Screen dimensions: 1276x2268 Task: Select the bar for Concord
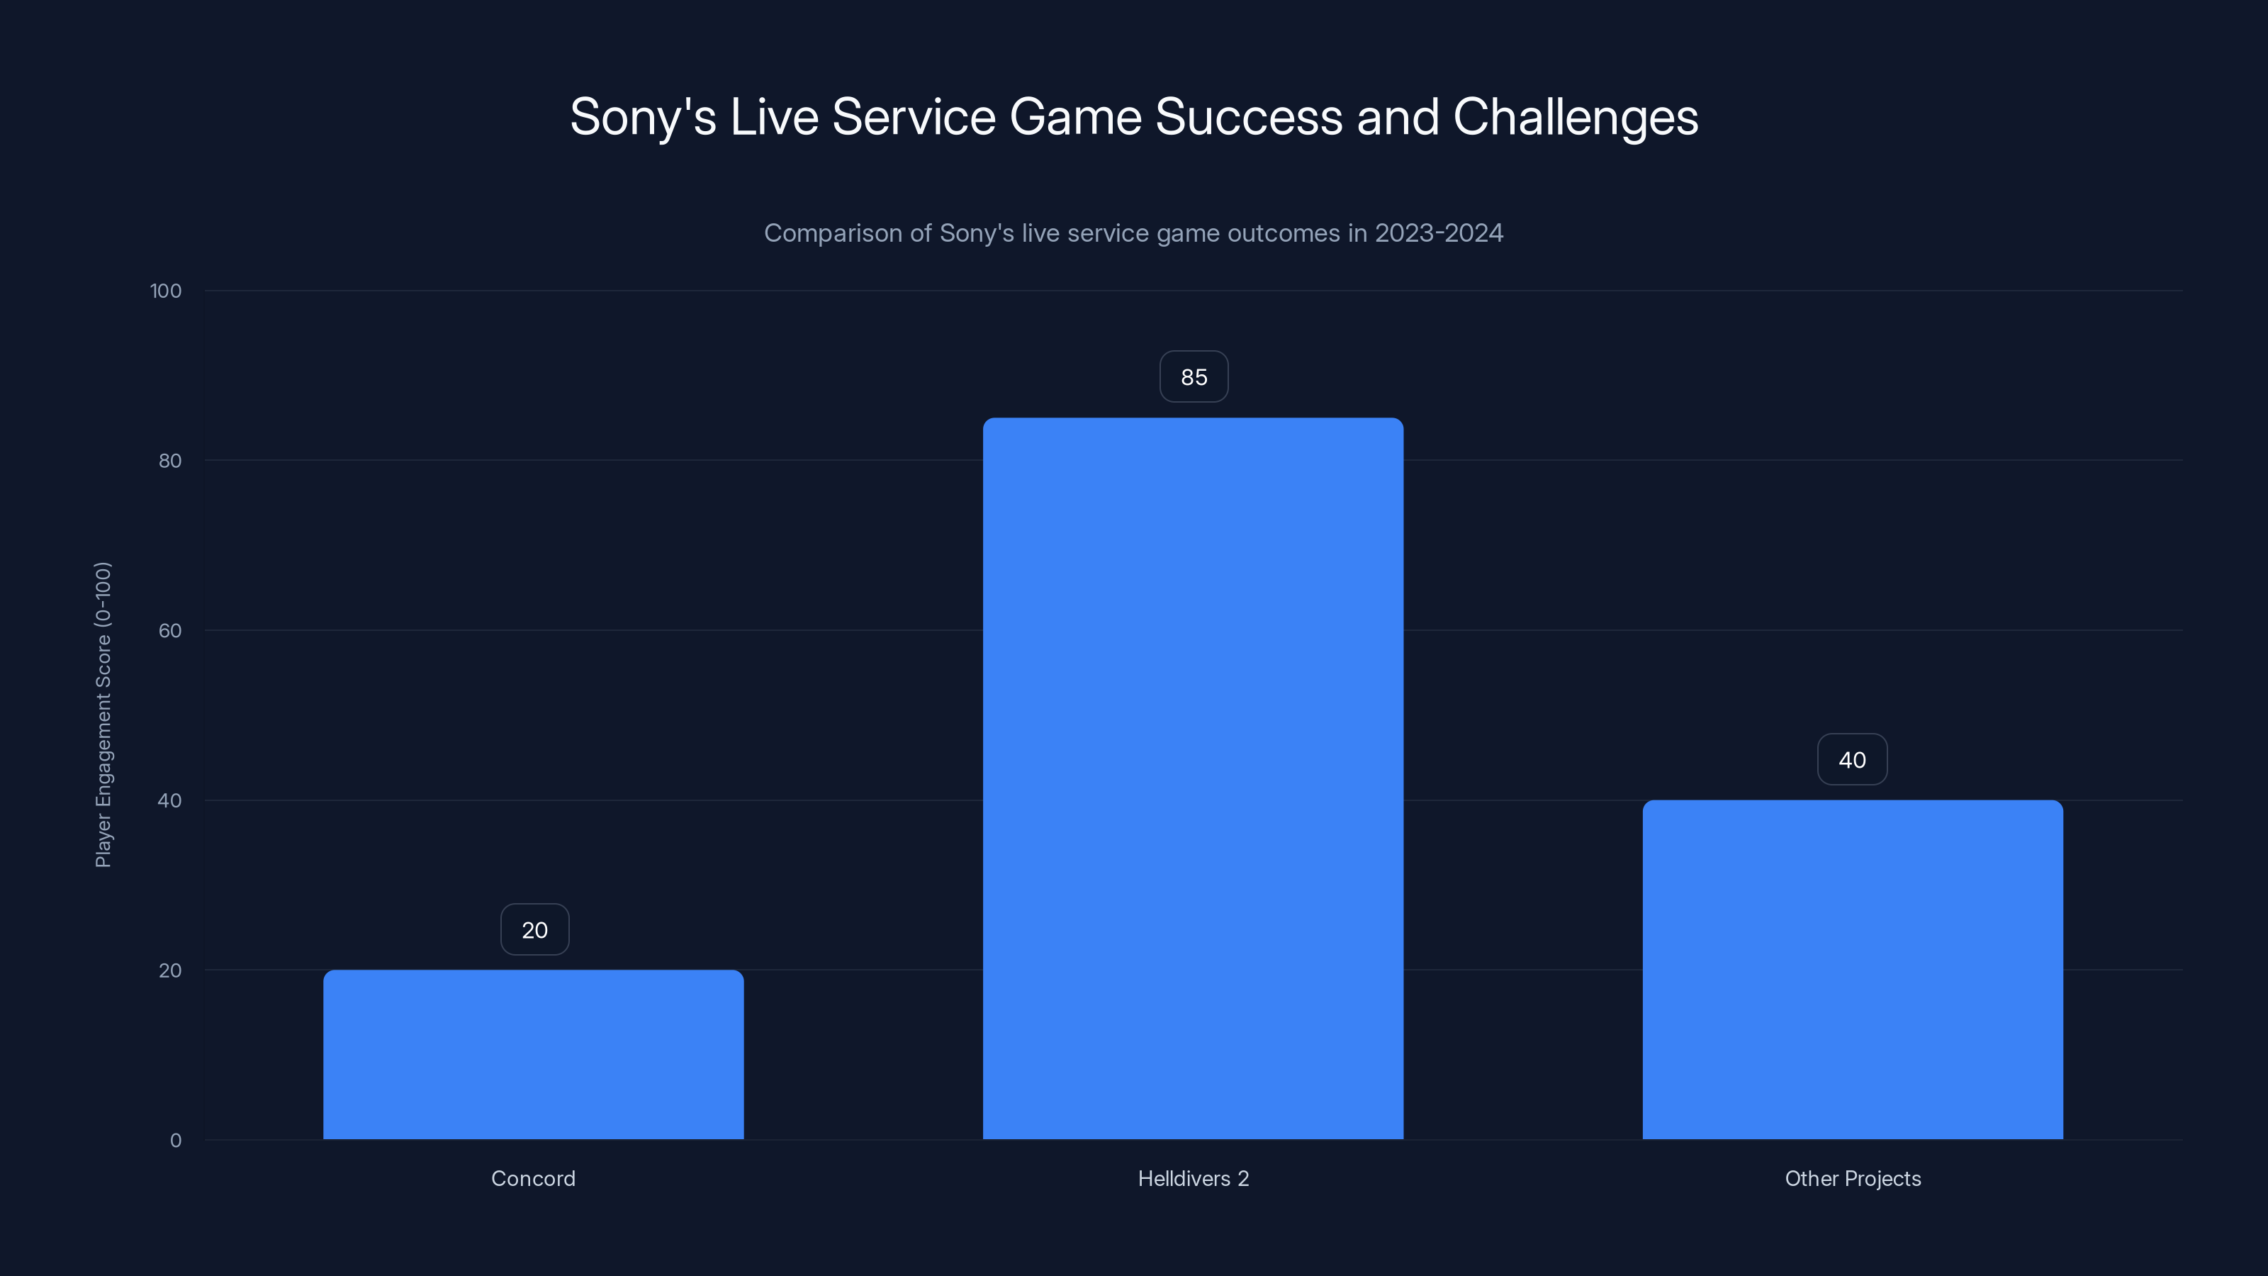click(x=533, y=1054)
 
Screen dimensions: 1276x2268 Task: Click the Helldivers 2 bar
click(x=1193, y=778)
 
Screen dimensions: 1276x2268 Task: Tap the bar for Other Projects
click(x=1853, y=970)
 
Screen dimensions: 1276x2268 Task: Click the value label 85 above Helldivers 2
click(x=1193, y=377)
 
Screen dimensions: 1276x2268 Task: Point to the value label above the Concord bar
click(x=534, y=930)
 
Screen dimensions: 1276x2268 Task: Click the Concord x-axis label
click(x=533, y=1178)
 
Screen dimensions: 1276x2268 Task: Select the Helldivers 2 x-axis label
click(x=1193, y=1178)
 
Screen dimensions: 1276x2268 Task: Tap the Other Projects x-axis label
click(x=1853, y=1178)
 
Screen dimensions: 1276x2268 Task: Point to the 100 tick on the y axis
click(x=166, y=291)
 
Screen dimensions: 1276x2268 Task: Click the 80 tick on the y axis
click(x=170, y=461)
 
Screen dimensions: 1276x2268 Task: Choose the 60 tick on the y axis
click(x=170, y=630)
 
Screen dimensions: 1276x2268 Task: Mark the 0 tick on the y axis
click(x=175, y=1141)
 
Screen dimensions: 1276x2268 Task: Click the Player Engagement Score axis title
click(x=103, y=714)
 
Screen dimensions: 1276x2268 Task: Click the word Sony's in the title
click(x=643, y=117)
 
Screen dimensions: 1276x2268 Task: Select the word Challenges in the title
click(x=1575, y=117)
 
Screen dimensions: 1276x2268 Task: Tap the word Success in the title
click(x=1248, y=117)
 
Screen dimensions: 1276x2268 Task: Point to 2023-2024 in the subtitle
click(x=1439, y=233)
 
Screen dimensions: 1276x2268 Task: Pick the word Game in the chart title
click(x=1075, y=117)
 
